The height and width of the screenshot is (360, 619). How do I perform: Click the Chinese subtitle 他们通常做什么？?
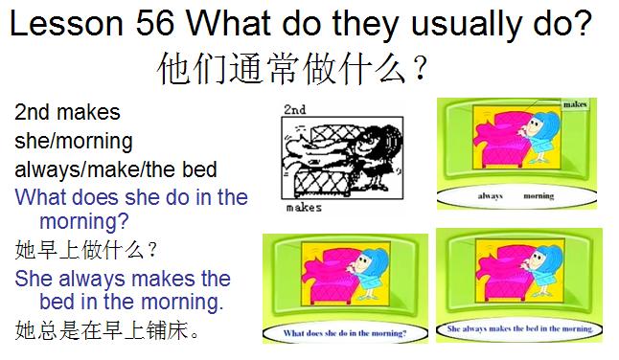click(292, 69)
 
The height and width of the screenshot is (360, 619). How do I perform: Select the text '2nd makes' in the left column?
click(67, 113)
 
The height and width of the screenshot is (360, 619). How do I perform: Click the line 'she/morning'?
click(74, 142)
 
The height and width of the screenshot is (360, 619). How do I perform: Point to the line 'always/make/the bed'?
click(116, 170)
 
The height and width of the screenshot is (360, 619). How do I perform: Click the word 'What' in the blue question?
click(42, 198)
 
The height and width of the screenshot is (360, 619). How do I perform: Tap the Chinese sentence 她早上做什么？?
click(87, 251)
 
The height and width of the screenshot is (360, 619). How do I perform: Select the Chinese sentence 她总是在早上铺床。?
click(107, 331)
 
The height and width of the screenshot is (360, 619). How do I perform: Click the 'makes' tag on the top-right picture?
click(575, 104)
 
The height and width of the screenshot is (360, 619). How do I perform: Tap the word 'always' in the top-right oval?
click(491, 194)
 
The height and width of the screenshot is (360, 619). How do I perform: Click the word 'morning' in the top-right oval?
click(539, 194)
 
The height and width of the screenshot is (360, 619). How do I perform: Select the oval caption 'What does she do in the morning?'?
click(346, 333)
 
